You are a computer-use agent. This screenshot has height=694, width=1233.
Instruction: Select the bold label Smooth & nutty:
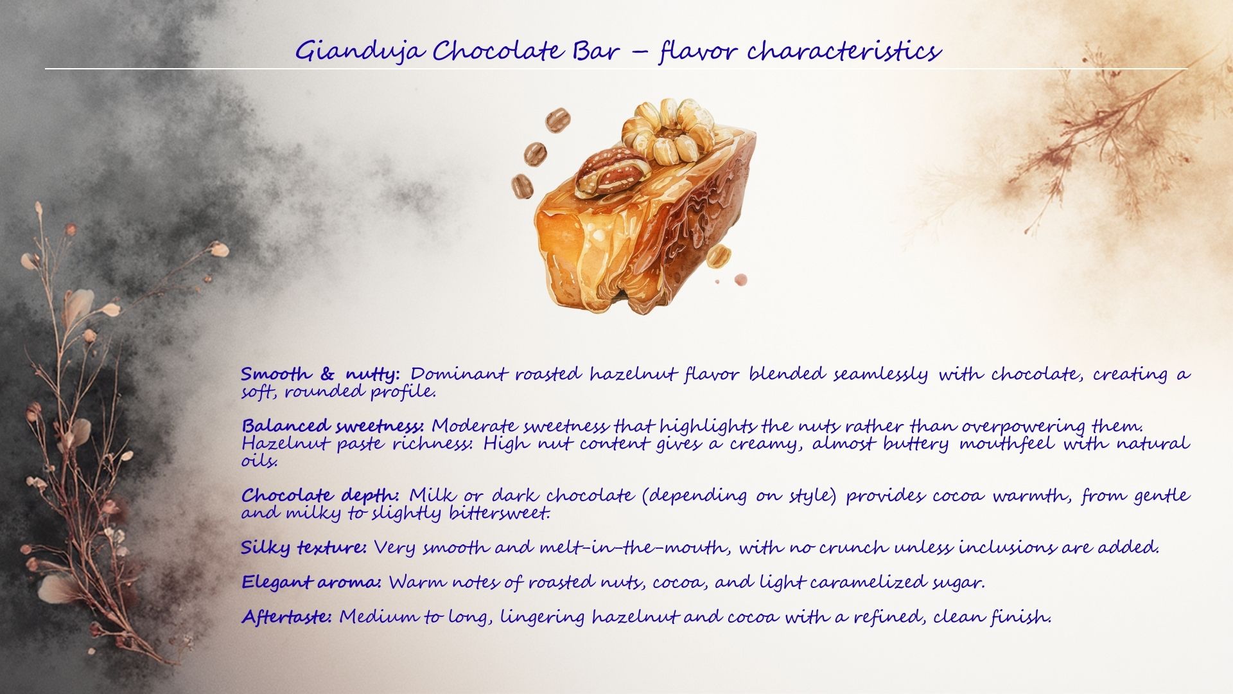321,373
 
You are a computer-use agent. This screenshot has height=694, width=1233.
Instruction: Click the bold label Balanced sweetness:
333,426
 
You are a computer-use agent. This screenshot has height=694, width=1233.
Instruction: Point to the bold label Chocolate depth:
320,495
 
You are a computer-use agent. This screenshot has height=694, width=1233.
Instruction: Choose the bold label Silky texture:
304,547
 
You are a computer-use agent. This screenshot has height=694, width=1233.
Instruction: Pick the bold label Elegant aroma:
311,582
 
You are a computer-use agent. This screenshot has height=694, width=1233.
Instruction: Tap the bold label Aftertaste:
286,617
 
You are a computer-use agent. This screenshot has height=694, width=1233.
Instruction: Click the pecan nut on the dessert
609,171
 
